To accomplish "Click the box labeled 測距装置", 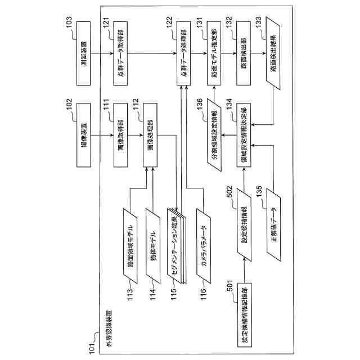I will (85, 54).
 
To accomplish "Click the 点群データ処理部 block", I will (184, 54).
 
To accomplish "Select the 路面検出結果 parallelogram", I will (273, 54).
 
